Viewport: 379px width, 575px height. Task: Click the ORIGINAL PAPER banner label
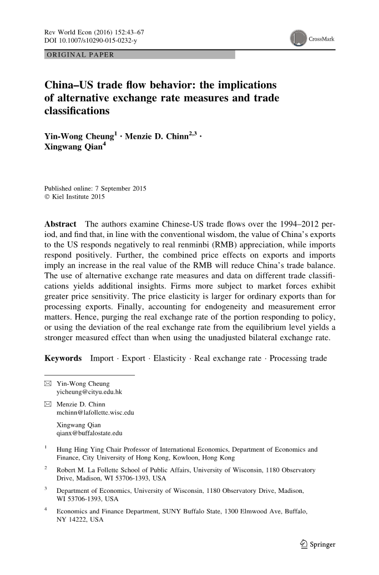(x=80, y=54)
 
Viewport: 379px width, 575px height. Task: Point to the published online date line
(x=95, y=188)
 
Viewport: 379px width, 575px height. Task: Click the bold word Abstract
(x=60, y=224)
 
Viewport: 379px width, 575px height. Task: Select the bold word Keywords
(x=63, y=358)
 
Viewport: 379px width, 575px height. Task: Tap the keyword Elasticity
(x=170, y=358)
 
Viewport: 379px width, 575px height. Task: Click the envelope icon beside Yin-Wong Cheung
(x=48, y=384)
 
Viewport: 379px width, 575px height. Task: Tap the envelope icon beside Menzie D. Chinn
(x=48, y=405)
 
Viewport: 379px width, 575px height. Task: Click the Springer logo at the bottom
(x=315, y=544)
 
